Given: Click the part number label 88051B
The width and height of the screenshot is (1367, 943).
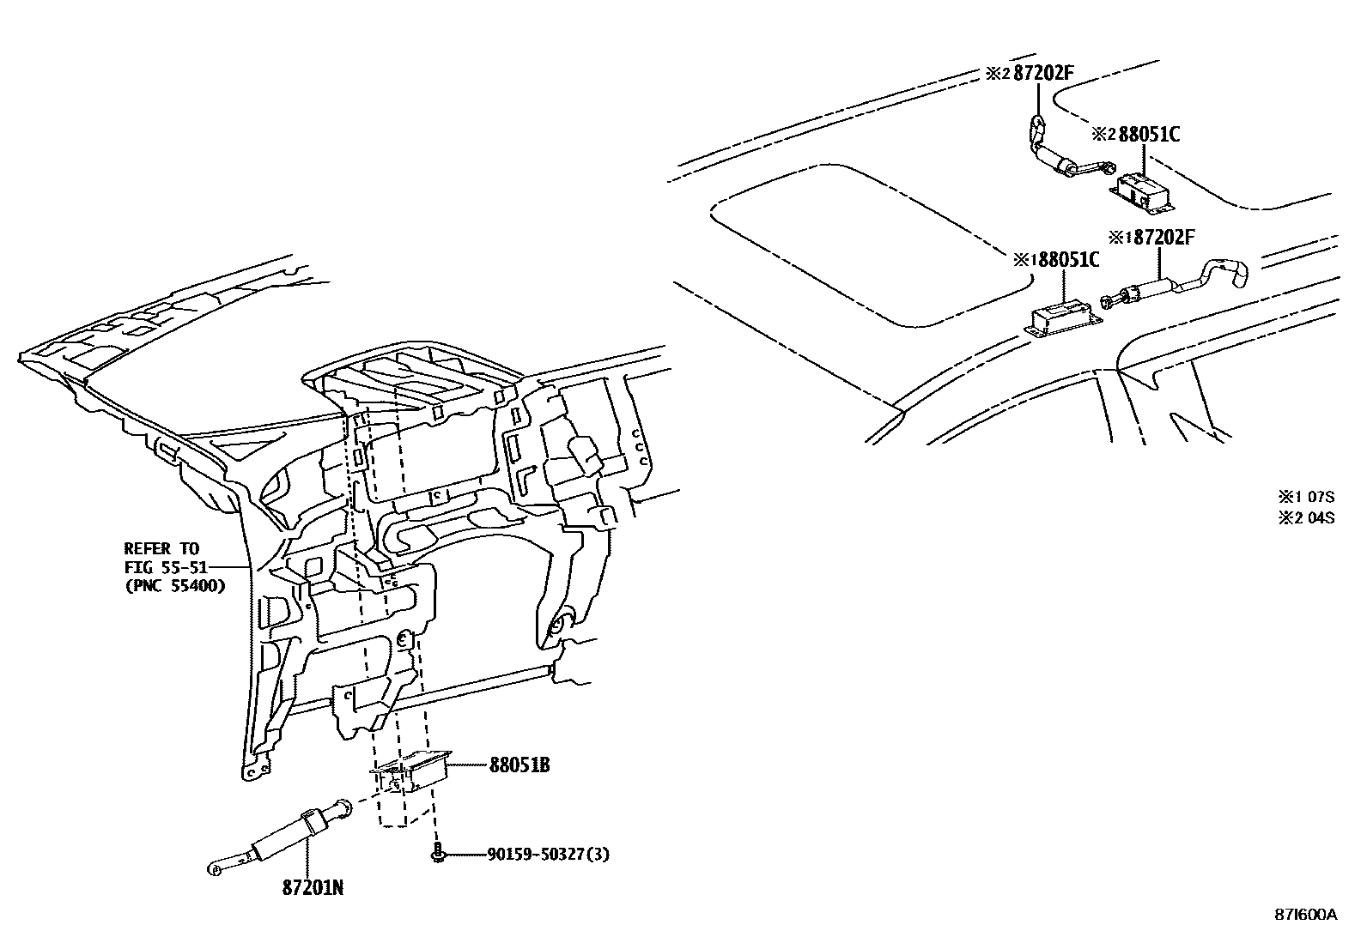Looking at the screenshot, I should [x=519, y=765].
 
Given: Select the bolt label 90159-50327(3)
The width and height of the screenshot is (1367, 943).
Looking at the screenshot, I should [x=548, y=855].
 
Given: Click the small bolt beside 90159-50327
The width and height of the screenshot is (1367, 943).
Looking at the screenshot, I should [x=438, y=855].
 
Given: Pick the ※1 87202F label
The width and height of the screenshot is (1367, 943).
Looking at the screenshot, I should [x=1151, y=237].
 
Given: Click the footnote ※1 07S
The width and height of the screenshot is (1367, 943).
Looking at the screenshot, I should [x=1306, y=496].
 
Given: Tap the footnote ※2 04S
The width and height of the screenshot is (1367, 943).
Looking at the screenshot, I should [x=1306, y=517].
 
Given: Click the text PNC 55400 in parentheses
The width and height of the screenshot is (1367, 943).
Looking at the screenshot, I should [x=173, y=586].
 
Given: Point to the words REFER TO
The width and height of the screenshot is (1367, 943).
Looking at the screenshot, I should [x=161, y=548].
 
